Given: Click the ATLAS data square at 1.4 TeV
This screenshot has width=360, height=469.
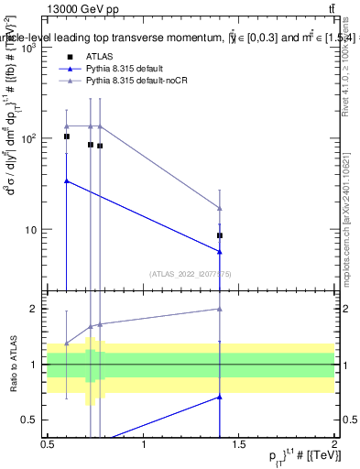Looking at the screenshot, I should pos(220,235).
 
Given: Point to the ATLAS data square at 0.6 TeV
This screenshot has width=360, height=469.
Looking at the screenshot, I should pos(67,136).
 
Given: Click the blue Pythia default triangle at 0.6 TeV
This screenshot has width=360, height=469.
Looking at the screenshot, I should pos(67,180).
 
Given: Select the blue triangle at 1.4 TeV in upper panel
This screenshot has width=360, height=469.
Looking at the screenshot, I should pos(220,252).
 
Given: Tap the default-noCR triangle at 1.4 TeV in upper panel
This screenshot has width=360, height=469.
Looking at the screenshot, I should pos(220,208).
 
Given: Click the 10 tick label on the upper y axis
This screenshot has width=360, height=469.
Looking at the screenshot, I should pos(31,229).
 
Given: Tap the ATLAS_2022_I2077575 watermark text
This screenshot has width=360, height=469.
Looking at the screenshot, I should pos(191,273).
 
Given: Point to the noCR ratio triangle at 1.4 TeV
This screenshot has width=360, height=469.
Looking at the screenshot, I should pos(220,309).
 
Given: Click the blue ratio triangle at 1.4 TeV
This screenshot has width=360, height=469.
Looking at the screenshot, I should pos(220,397).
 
